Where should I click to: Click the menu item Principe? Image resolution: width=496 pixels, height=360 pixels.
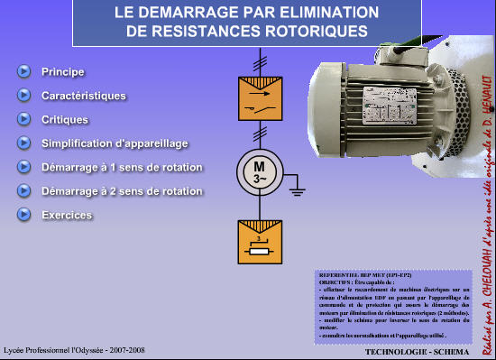point(62,71)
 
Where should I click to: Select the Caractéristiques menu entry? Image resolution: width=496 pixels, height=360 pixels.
point(83,96)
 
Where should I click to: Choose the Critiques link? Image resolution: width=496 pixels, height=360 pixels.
point(65,119)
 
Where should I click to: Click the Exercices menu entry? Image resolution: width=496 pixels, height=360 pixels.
point(67,215)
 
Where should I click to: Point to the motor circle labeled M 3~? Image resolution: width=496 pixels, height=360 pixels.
point(259,172)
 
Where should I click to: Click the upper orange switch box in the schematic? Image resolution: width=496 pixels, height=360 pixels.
point(259,98)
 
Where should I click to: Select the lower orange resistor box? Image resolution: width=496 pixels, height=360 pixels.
point(259,243)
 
